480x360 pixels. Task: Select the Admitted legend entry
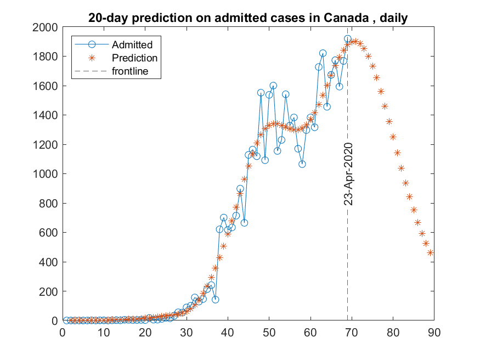pos(132,44)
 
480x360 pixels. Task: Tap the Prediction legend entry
pos(134,58)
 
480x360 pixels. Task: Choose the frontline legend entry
pos(129,71)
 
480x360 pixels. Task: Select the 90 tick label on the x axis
pos(434,332)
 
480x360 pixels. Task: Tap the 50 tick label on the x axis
pos(269,332)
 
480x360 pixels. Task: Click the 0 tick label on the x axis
pos(63,332)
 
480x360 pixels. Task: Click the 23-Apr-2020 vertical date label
pos(348,174)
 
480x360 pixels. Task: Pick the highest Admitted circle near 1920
pos(347,39)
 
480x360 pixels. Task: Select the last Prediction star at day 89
pos(430,252)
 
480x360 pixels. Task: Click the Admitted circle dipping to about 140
pos(216,300)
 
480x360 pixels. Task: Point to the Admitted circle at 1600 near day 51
pos(273,86)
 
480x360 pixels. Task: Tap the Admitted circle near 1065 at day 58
pos(302,164)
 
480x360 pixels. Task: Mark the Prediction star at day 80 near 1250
pos(393,137)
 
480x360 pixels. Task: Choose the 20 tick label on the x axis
pos(145,332)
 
